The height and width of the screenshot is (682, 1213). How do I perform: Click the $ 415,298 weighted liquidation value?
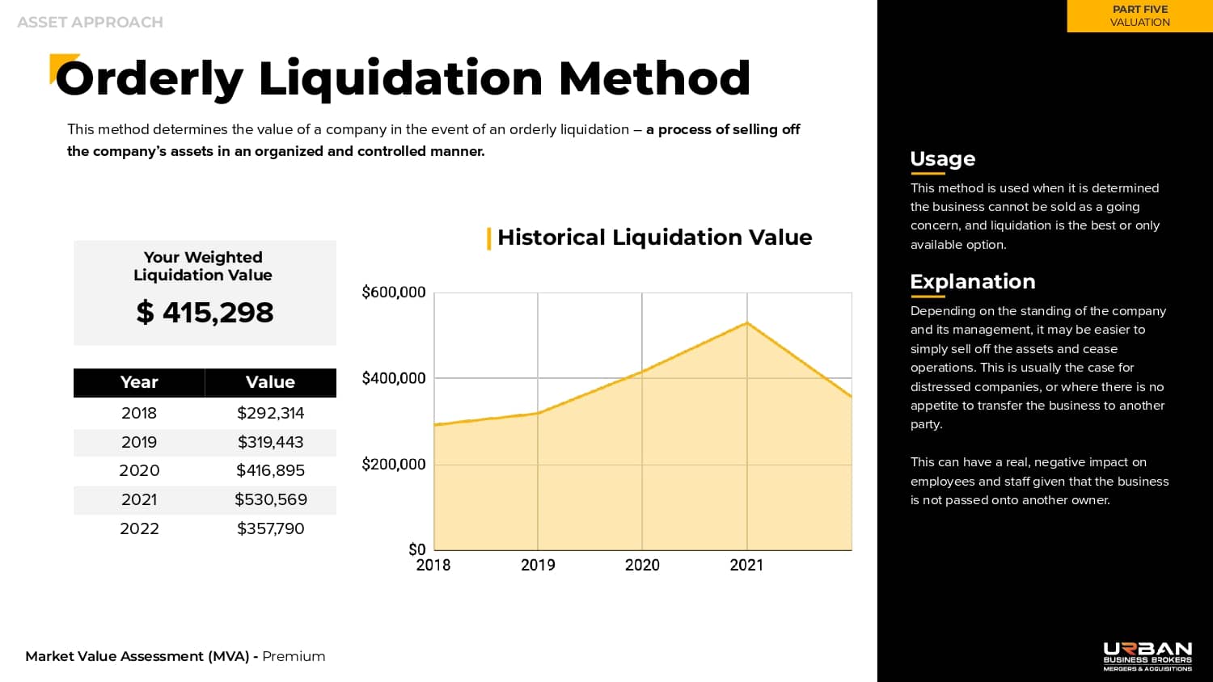click(x=205, y=313)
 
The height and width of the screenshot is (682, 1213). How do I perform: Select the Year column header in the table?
click(x=139, y=382)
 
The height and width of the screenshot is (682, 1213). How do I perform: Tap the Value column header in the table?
click(x=270, y=382)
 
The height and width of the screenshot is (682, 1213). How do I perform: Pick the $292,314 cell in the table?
click(x=270, y=413)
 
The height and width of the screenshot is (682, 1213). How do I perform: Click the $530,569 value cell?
click(x=270, y=499)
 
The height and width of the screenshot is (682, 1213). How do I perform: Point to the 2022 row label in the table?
click(x=139, y=528)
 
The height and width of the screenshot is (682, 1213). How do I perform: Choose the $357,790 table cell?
click(x=270, y=528)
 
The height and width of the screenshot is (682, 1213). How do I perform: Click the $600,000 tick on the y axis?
click(x=393, y=293)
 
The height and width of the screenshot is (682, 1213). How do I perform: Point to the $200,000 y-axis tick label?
click(x=393, y=465)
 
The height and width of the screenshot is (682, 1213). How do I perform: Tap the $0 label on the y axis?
click(x=416, y=549)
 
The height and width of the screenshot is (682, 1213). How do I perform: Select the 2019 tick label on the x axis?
click(x=538, y=565)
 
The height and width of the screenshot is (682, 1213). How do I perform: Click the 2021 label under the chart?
click(x=746, y=565)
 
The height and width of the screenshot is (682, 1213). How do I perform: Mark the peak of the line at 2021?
click(x=747, y=323)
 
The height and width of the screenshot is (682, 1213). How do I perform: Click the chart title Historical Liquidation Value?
click(x=654, y=238)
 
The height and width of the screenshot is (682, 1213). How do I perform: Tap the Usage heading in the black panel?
click(x=942, y=159)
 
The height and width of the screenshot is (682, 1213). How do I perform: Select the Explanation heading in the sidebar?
click(x=972, y=282)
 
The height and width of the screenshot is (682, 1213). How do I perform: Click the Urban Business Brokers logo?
click(x=1147, y=656)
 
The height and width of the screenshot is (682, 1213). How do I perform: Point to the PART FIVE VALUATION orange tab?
click(x=1139, y=16)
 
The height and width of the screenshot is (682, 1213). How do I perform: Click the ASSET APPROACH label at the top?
click(x=90, y=23)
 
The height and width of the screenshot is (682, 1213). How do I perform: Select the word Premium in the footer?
click(x=294, y=656)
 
